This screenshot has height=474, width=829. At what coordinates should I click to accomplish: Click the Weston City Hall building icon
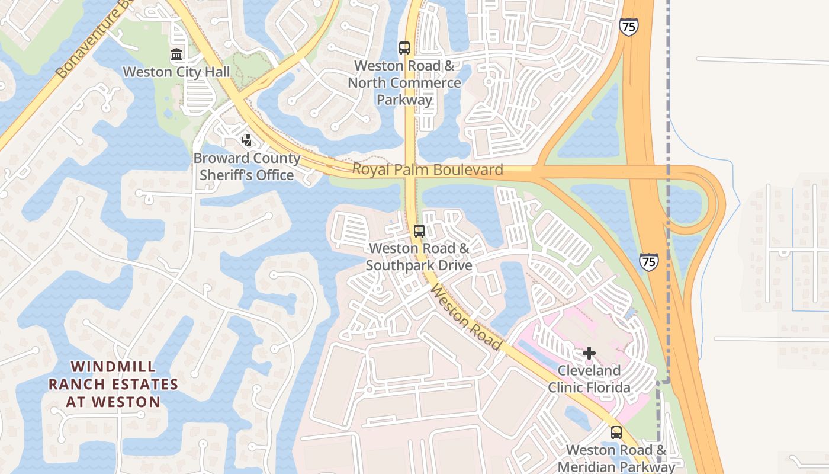point(176,55)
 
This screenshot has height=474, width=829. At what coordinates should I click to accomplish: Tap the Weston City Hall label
point(176,72)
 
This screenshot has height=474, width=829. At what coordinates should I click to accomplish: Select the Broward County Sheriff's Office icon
point(246,140)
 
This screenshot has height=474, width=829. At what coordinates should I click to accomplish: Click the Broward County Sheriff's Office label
point(247,166)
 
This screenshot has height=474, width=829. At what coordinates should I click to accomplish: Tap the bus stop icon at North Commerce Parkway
point(404,48)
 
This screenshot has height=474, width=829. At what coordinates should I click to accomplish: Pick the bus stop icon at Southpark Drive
point(419,231)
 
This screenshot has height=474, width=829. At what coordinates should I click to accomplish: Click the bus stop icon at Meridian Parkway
point(616,433)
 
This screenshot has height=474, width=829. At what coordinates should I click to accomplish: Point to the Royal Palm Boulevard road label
point(428,170)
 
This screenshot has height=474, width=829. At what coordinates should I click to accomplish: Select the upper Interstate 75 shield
point(629,27)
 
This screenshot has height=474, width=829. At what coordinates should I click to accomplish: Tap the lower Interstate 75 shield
point(649,262)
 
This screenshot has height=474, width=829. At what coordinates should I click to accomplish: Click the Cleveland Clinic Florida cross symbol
point(589,353)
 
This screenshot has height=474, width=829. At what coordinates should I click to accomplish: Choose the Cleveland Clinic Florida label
point(589,379)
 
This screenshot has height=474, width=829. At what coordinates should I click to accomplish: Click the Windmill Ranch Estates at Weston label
point(113,384)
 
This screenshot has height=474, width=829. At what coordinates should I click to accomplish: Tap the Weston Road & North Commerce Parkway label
point(404,82)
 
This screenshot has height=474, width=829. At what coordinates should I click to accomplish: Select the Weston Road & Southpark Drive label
point(419,257)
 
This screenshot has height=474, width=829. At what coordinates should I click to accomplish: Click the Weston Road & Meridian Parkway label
point(616,458)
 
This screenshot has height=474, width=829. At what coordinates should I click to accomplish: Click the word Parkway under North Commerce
point(404,100)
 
